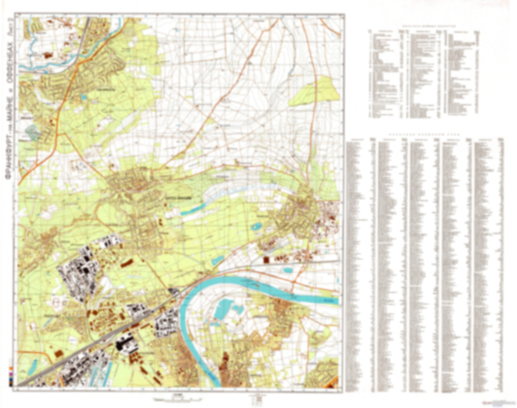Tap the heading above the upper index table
pyautogui.click(x=424, y=26)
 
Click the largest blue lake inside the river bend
pyautogui.click(x=224, y=309)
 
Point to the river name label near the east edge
pyautogui.click(x=332, y=301)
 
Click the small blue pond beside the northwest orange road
pyautogui.click(x=83, y=97)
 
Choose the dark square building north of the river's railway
pyautogui.click(x=266, y=259)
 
